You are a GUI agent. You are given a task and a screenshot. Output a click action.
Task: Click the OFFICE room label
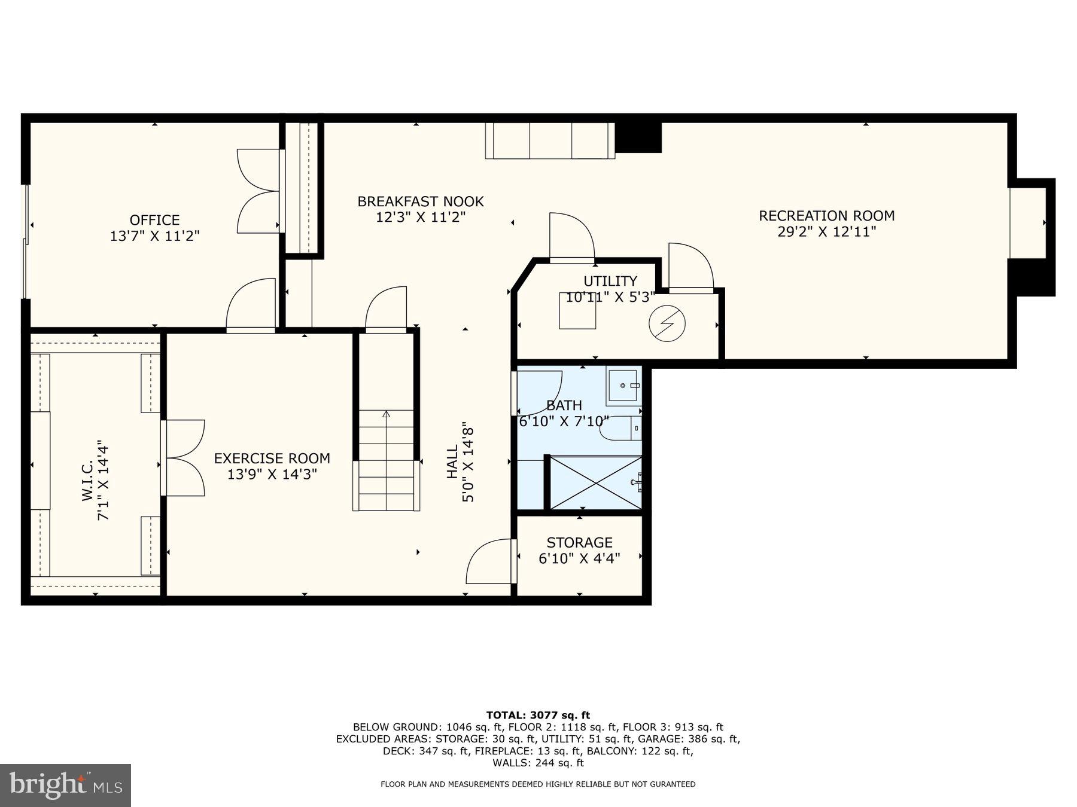coord(154,220)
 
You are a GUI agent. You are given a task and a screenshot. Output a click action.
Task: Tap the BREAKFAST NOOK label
coord(420,201)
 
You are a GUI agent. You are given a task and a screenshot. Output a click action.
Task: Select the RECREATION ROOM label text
coord(826,216)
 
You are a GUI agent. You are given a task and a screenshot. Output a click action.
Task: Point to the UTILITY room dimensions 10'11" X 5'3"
coord(610,297)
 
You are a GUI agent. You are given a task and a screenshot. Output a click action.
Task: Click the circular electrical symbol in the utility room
coord(667,323)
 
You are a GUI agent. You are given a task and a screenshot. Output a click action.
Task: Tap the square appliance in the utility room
coord(577,311)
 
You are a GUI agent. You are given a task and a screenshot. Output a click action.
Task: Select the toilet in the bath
coord(621,429)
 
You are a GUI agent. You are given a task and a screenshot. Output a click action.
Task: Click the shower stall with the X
coord(595,482)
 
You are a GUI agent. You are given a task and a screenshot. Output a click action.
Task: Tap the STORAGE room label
coord(579,542)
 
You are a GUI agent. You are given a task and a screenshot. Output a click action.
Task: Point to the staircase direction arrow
coord(386,414)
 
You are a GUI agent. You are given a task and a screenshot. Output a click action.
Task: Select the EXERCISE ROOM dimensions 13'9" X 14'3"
coord(272,475)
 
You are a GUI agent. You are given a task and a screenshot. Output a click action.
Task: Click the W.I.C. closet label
coord(87,481)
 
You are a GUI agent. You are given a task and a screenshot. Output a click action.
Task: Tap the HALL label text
coord(452,461)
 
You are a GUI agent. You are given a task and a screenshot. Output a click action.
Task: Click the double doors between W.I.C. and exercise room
coord(184,458)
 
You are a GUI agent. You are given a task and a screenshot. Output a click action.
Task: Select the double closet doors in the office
coord(258,191)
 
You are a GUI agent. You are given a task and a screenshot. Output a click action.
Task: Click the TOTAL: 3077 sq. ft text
coord(538,715)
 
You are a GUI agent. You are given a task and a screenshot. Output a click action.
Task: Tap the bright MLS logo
coord(65,785)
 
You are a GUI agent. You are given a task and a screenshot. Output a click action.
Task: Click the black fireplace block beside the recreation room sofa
coord(638,137)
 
